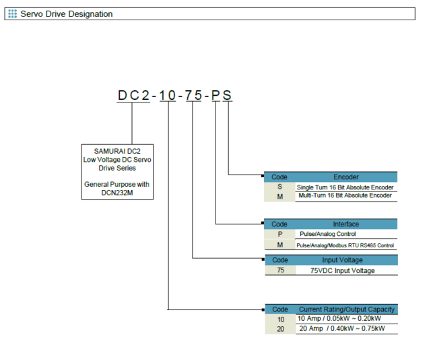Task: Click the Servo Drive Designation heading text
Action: tap(67, 13)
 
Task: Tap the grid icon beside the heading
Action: tap(12, 13)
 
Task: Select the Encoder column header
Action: tap(346, 177)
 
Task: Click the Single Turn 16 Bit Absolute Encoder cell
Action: tap(345, 187)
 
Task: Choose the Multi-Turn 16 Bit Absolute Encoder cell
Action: tap(345, 196)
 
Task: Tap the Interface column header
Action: tap(346, 224)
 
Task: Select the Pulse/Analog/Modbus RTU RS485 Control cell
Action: tap(345, 245)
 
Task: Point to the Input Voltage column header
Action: tap(346, 260)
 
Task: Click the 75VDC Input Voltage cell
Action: tap(342, 270)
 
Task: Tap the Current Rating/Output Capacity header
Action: tap(346, 309)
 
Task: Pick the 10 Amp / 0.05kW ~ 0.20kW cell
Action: tap(341, 319)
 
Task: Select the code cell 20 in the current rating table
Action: tap(279, 328)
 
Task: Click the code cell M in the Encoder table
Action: tap(279, 196)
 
